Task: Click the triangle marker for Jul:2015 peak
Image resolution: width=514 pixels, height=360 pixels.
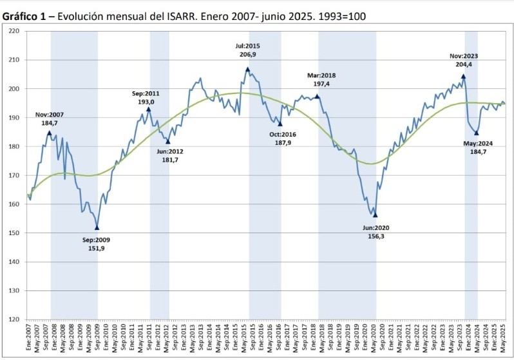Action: coord(247,69)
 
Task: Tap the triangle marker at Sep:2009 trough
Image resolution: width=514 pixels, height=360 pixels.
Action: coord(97,227)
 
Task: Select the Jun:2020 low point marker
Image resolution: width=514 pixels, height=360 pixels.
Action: coord(375,215)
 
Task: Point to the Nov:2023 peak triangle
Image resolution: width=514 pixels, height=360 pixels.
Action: coord(463,76)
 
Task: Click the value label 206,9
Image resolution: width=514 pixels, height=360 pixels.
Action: coord(247,55)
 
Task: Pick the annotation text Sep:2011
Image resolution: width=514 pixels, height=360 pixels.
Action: coord(146,93)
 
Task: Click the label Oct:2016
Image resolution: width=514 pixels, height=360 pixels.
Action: coord(282,134)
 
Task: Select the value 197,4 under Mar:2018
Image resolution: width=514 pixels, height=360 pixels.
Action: coord(321,84)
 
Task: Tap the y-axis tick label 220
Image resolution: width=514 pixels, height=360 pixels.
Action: coord(14,31)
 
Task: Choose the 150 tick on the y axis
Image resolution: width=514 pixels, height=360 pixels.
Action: coord(14,233)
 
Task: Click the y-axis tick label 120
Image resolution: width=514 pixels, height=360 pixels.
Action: coord(14,319)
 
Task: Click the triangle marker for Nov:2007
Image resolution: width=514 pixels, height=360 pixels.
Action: coord(49,133)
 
